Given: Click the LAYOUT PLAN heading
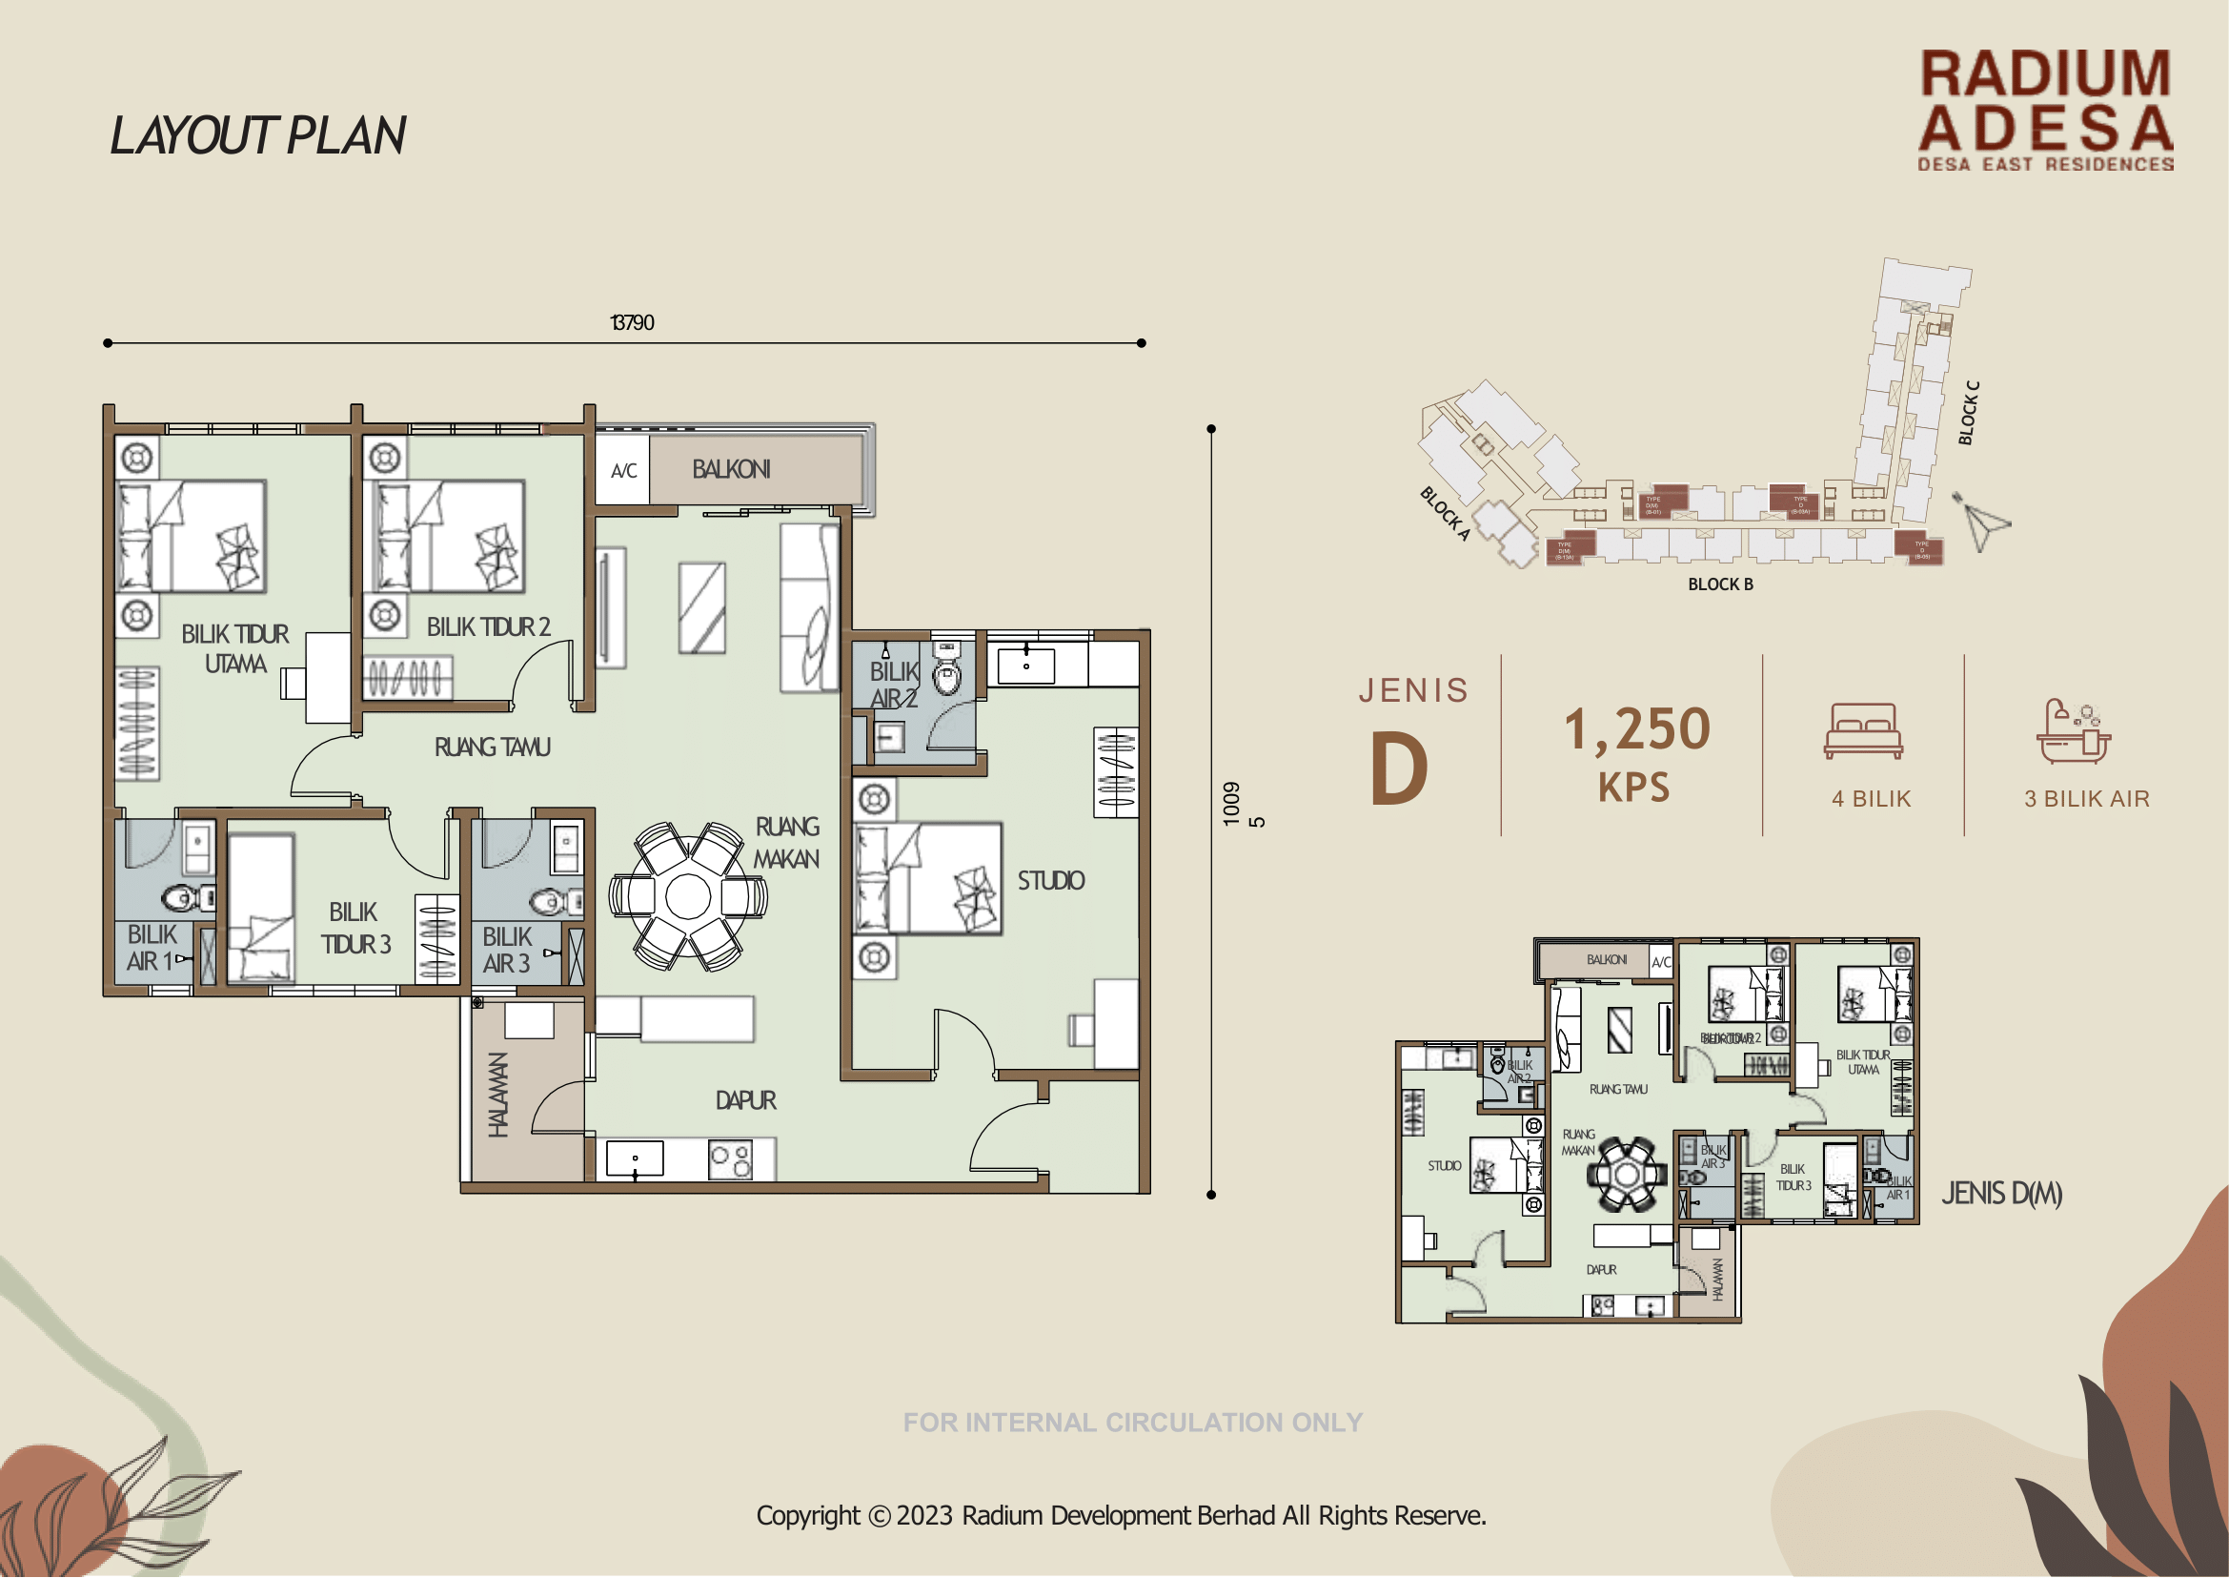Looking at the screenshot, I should (257, 135).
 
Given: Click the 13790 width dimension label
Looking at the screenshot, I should (631, 322).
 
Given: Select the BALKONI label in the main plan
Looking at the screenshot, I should (730, 469).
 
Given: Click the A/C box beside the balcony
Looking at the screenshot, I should (622, 471).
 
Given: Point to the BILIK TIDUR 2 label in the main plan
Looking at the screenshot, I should (488, 627).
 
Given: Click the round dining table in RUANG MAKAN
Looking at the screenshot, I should (689, 896).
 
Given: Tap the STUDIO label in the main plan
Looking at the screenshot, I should (1050, 880).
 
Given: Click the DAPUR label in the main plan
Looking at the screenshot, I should (745, 1100).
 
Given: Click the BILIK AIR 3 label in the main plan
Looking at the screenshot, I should (506, 950).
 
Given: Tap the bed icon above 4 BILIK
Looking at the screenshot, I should (1863, 730).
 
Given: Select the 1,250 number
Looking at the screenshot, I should (1636, 728).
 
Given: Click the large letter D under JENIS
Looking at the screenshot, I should (1399, 769).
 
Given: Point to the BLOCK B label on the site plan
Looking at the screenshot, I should (1719, 584).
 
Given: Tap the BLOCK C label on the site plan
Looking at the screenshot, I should (1968, 413).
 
